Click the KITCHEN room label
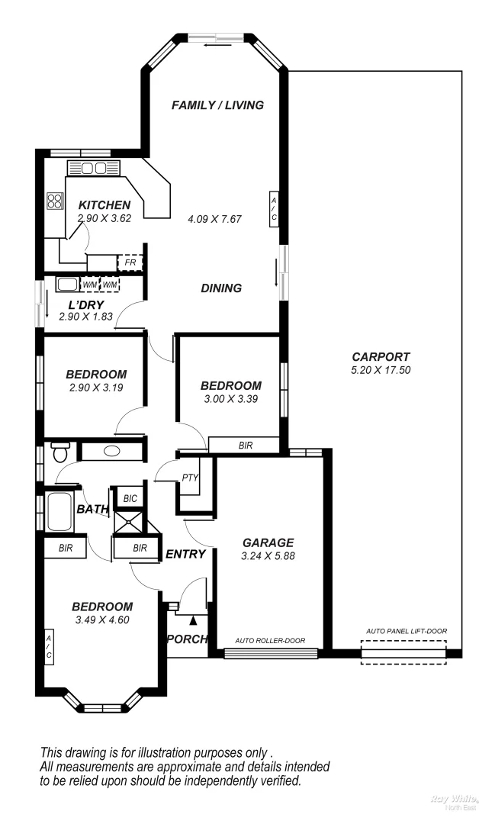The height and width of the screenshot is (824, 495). click(104, 205)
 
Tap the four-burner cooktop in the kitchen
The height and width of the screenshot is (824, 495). click(55, 201)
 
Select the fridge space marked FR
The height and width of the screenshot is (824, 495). click(130, 263)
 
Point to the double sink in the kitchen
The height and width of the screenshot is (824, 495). click(94, 168)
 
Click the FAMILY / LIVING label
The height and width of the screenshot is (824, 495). click(217, 105)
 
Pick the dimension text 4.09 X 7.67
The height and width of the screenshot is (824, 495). click(214, 219)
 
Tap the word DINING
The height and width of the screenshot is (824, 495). click(221, 288)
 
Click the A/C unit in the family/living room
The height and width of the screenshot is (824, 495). click(274, 208)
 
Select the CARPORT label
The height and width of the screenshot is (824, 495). click(381, 356)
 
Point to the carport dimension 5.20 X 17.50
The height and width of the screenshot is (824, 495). click(381, 370)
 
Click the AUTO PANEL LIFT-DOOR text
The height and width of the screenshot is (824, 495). click(406, 631)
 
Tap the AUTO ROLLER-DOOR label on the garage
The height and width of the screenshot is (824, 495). click(270, 640)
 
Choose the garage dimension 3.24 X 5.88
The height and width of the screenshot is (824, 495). click(268, 556)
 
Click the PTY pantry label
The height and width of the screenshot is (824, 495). click(190, 478)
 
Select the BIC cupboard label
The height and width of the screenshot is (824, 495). click(130, 498)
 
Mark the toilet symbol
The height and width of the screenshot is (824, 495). click(59, 452)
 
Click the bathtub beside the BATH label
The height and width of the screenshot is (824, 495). click(59, 513)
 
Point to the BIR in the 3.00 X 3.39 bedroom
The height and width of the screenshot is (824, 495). click(246, 445)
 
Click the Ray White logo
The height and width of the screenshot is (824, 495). click(455, 801)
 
